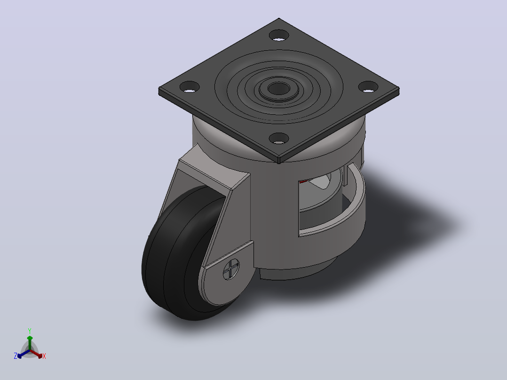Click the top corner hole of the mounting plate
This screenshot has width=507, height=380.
click(279, 35)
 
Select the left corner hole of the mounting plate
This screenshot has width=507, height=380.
click(190, 87)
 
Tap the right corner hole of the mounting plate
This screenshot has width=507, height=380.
click(368, 87)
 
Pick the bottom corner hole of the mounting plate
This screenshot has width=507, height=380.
click(279, 138)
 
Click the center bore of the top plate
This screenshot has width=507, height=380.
click(279, 88)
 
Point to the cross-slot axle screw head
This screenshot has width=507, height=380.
click(231, 269)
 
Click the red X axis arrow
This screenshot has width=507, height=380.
click(36, 354)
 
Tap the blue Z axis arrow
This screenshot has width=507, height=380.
click(24, 354)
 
